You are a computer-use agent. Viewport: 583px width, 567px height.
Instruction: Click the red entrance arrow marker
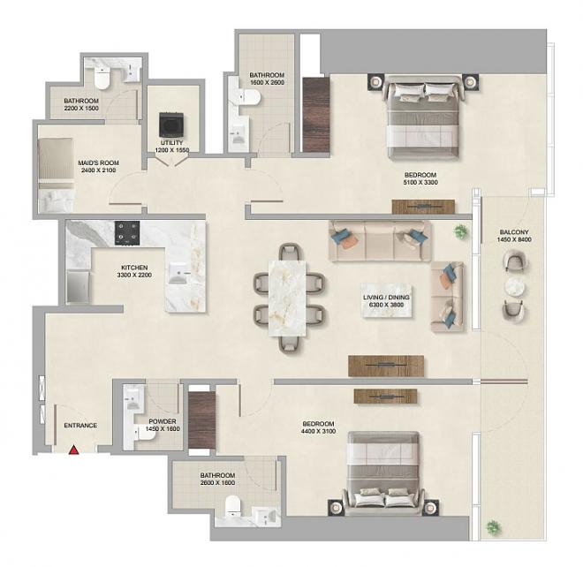(x=73, y=450)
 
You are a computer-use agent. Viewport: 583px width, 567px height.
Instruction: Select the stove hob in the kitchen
(x=127, y=233)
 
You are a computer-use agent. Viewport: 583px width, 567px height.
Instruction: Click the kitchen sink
(x=180, y=273)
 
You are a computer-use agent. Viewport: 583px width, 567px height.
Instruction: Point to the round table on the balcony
(x=515, y=287)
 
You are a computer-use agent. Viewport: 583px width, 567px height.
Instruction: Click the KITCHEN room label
(x=134, y=268)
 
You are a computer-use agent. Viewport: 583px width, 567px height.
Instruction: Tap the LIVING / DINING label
(x=386, y=298)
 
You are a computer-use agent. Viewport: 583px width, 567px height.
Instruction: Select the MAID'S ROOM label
(x=99, y=163)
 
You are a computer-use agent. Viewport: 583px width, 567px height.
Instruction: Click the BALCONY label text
(x=514, y=232)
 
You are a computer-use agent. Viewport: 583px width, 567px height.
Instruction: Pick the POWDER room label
(x=163, y=421)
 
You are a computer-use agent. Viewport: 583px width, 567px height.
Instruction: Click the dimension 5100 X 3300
(x=420, y=183)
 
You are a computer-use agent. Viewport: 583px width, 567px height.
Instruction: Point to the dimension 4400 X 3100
(x=318, y=431)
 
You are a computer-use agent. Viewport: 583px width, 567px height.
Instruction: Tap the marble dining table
(x=287, y=299)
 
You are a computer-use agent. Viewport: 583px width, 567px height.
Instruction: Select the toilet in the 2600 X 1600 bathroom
(x=233, y=506)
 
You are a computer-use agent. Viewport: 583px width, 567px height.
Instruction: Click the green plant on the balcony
(x=494, y=527)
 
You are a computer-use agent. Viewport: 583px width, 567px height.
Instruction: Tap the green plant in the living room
(x=460, y=231)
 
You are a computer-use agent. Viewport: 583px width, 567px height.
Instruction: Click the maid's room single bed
(x=56, y=175)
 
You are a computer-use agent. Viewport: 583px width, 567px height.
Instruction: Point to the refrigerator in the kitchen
(x=78, y=287)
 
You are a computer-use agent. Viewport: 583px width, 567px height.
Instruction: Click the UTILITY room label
(x=171, y=143)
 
